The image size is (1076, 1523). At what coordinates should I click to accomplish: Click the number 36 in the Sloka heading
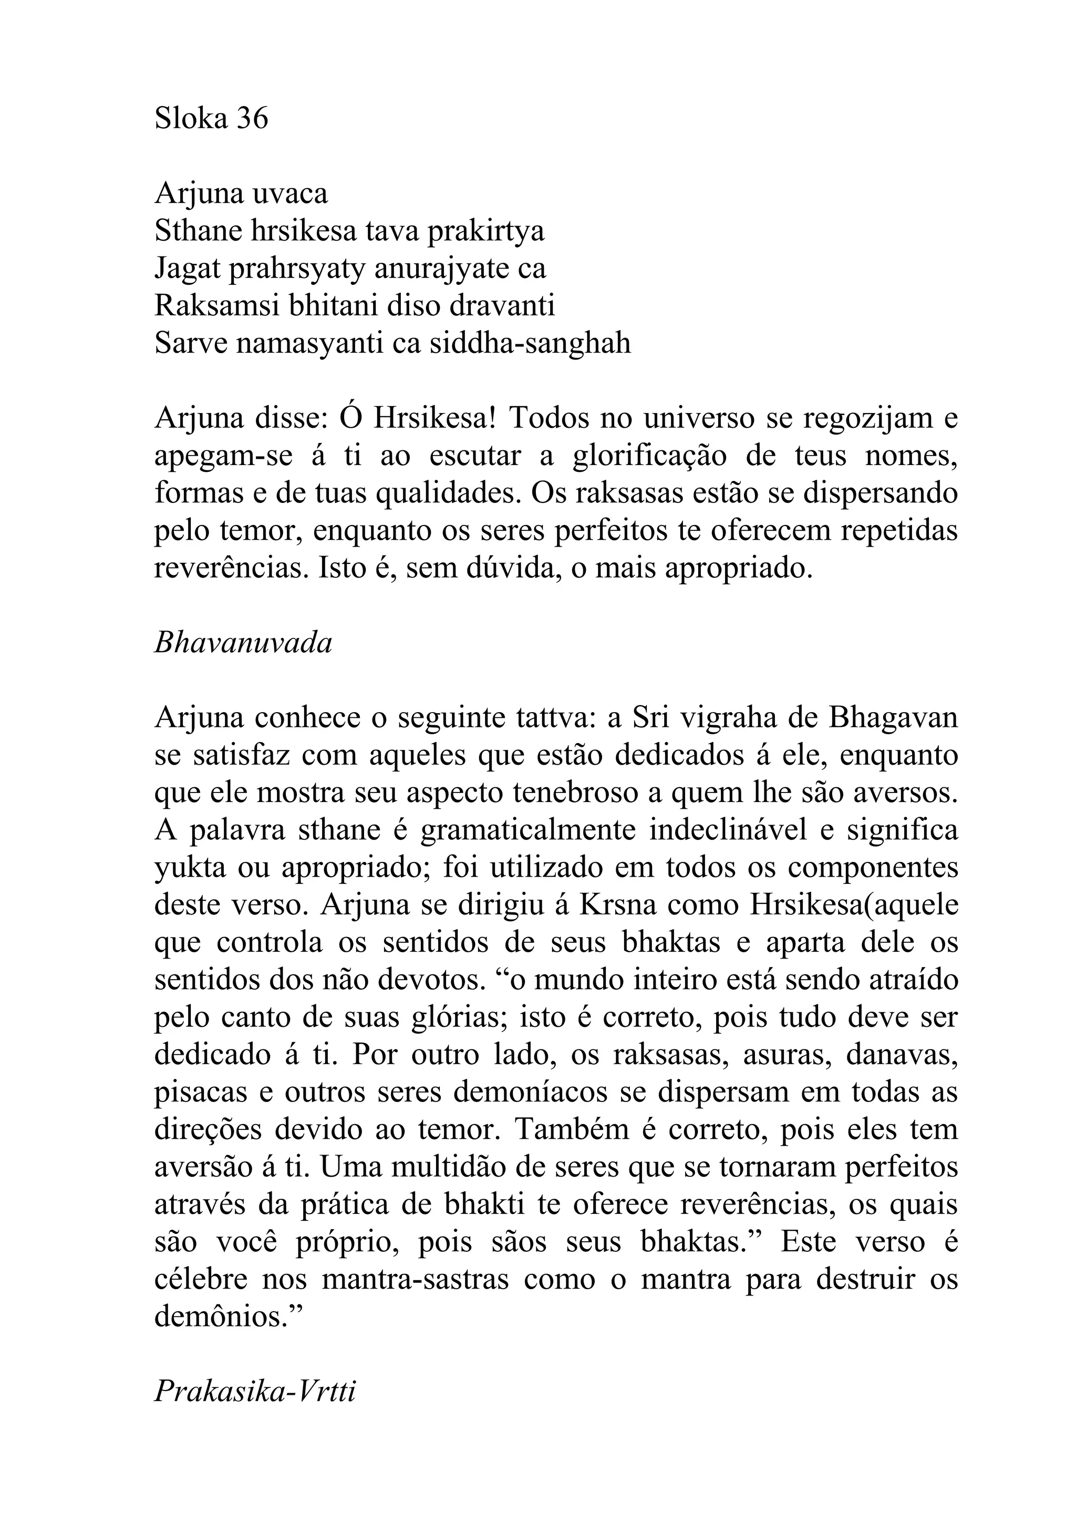click(x=252, y=119)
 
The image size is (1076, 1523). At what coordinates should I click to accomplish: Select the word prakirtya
click(x=485, y=232)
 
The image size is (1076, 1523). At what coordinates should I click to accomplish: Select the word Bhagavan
click(x=893, y=719)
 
